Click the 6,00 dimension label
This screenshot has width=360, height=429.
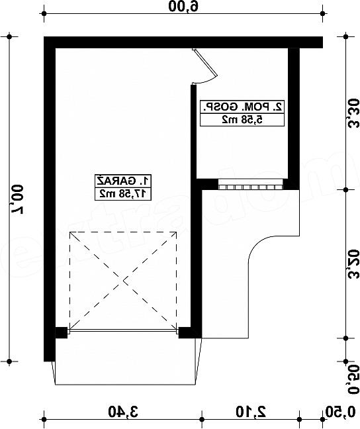coord(183,6)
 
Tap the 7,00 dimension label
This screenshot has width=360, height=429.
coord(17,199)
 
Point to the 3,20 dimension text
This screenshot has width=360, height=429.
coord(353,263)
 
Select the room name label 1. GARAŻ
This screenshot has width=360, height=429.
coord(123,181)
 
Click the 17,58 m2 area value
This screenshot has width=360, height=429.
coord(123,194)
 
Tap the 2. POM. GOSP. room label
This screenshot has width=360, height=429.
coord(242,107)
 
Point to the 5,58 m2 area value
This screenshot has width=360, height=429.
coord(242,120)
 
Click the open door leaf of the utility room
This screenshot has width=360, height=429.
coord(205,62)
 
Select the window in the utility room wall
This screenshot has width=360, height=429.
coord(251,184)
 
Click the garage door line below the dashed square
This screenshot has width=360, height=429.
coord(123,331)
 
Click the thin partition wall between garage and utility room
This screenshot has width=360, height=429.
coord(193,131)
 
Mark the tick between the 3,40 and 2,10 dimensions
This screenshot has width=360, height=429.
coord(202,420)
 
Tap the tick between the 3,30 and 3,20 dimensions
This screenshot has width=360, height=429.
coord(346,189)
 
